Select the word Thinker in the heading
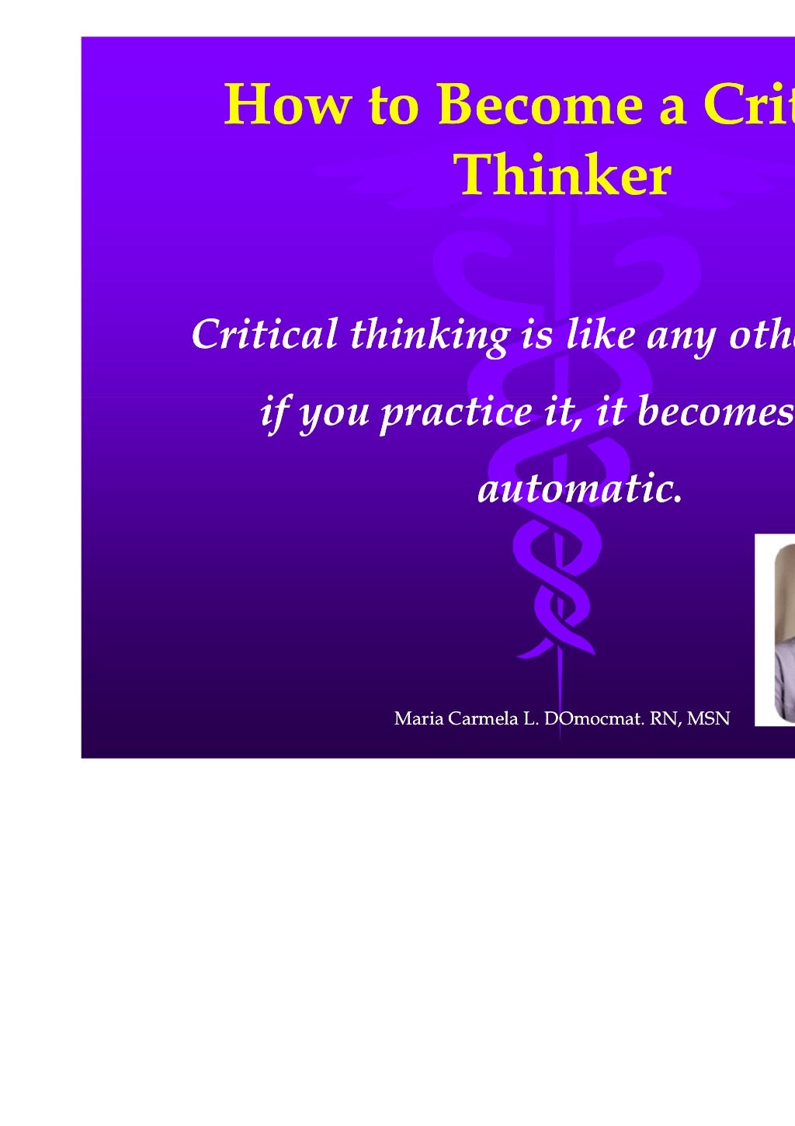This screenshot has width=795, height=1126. tap(562, 176)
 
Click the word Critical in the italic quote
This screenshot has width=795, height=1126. tap(264, 335)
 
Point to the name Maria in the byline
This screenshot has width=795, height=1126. tap(419, 718)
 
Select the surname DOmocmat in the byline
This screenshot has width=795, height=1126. tap(594, 718)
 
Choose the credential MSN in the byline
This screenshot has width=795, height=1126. tap(709, 718)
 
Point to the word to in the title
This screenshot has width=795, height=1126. tap(394, 105)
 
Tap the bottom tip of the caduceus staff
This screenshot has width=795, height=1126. tap(559, 736)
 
